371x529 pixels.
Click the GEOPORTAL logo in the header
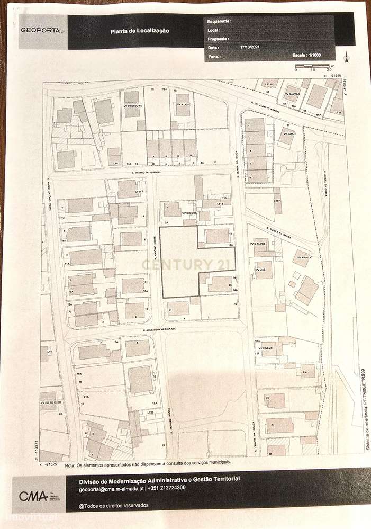(43, 31)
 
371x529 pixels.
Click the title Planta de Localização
(140, 31)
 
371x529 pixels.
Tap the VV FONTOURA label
(133, 105)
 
